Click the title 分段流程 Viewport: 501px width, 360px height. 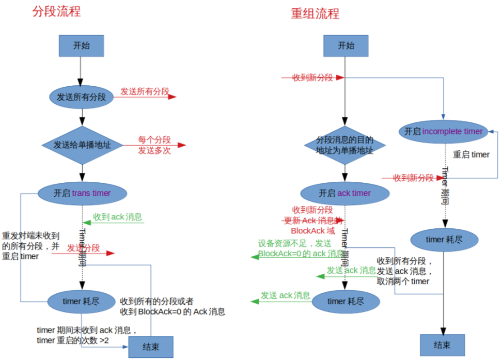[56, 11]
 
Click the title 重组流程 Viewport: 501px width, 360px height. [315, 13]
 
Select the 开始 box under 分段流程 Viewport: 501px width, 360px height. [81, 45]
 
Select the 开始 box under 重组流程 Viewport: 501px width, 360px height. [346, 45]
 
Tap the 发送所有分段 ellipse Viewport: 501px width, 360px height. [81, 97]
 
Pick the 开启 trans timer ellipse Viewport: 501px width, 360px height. [82, 193]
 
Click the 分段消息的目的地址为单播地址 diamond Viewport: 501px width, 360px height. [345, 145]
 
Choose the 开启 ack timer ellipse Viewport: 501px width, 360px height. [345, 193]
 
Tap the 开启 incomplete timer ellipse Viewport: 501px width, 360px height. [444, 131]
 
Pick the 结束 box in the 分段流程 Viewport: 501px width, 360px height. [151, 347]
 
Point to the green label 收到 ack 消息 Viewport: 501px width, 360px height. [117, 217]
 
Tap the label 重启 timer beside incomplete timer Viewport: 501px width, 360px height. [471, 154]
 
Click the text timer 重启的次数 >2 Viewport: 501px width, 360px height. [73, 340]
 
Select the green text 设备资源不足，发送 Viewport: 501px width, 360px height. [295, 243]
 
